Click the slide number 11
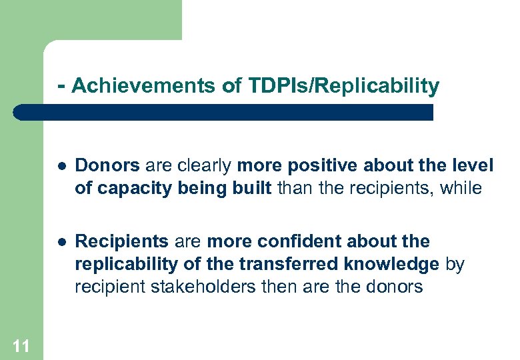[21, 345]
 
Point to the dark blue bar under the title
[223, 112]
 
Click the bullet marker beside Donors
[61, 165]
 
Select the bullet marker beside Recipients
[61, 241]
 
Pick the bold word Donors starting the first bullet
[107, 165]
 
